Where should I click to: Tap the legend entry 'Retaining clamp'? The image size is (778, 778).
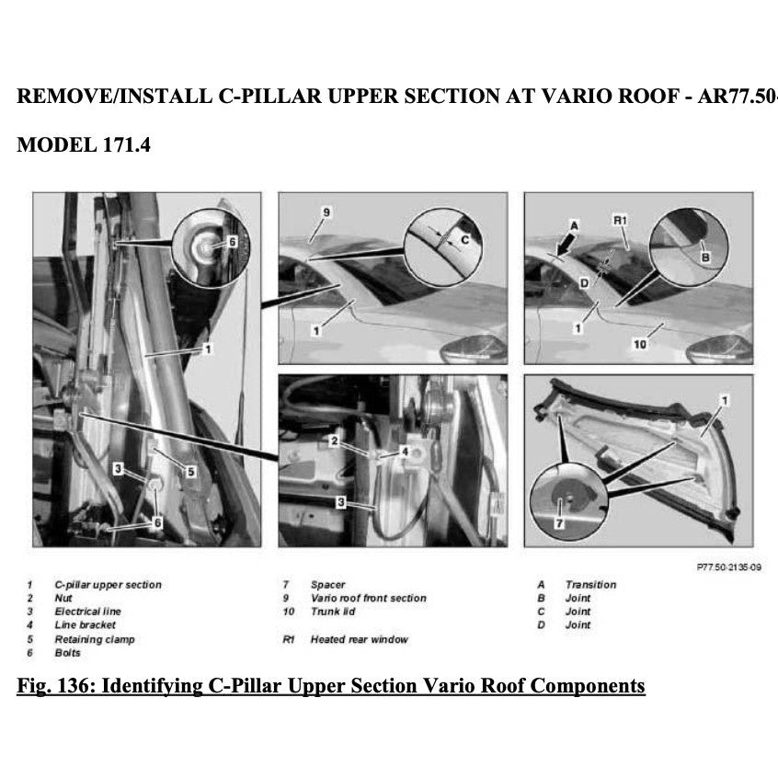[x=94, y=639]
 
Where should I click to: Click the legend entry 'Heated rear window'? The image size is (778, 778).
[x=359, y=639]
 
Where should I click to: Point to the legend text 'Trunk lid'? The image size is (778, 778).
[x=332, y=612]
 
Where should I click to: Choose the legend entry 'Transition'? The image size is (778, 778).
[x=590, y=585]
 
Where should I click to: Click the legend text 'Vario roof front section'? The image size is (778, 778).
[x=368, y=599]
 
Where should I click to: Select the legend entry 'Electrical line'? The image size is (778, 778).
[x=87, y=612]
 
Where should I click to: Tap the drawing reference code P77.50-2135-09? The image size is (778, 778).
[x=729, y=567]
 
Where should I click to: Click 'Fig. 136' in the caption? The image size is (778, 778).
[x=51, y=686]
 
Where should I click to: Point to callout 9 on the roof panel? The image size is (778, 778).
[x=326, y=212]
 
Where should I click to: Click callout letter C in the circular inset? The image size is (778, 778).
[x=464, y=238]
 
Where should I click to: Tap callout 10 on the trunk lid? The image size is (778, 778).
[x=640, y=344]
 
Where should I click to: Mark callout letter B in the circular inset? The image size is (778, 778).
[x=705, y=257]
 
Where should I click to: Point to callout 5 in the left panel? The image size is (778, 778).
[x=190, y=472]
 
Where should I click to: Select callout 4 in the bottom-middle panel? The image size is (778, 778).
[x=405, y=452]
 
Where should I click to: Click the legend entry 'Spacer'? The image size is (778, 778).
[x=327, y=585]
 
